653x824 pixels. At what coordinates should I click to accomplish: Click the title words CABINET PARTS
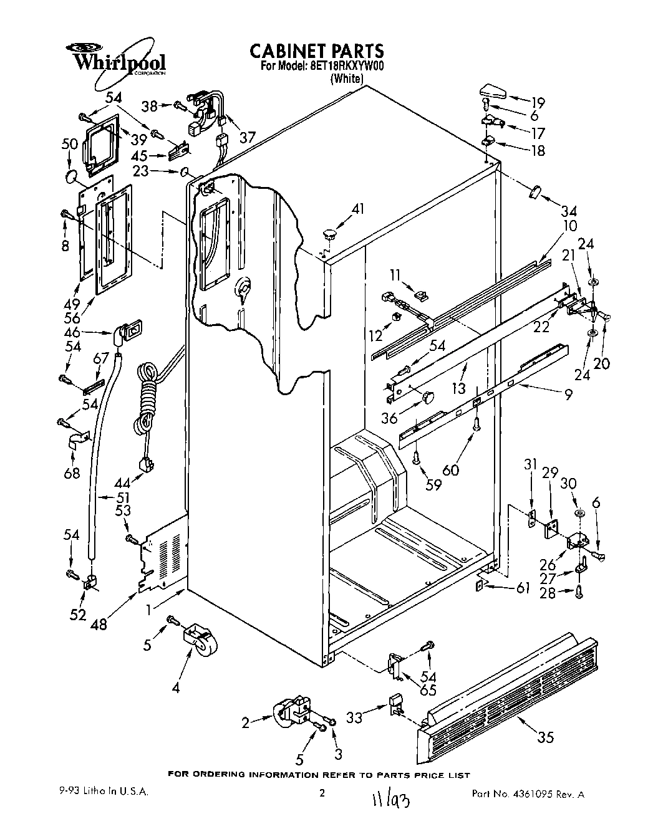pyautogui.click(x=316, y=50)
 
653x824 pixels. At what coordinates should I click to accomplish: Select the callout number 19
pyautogui.click(x=538, y=103)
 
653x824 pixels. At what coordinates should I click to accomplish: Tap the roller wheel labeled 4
pyautogui.click(x=202, y=641)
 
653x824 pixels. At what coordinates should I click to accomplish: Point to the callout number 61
pyautogui.click(x=522, y=587)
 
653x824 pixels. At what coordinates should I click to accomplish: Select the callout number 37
pyautogui.click(x=248, y=137)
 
